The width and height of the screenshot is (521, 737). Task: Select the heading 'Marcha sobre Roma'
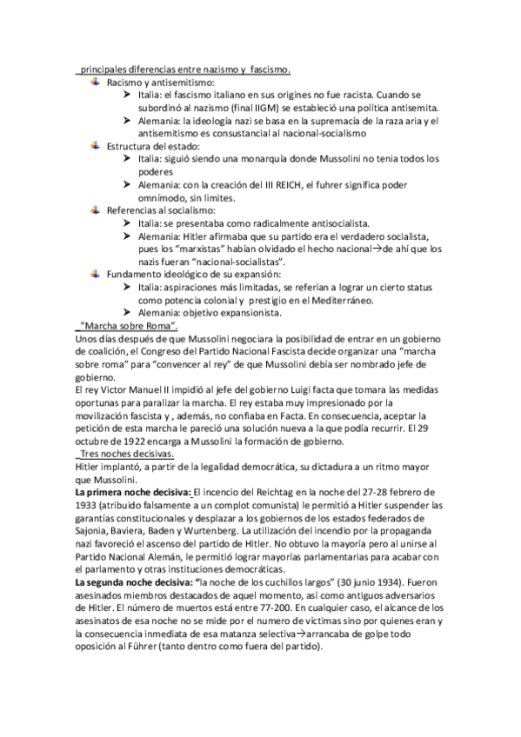(129, 326)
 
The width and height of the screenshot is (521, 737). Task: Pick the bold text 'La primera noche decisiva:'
(133, 493)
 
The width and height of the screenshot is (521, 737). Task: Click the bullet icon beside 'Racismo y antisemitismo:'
(96, 82)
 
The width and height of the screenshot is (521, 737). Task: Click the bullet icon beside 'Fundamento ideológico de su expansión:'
(96, 273)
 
